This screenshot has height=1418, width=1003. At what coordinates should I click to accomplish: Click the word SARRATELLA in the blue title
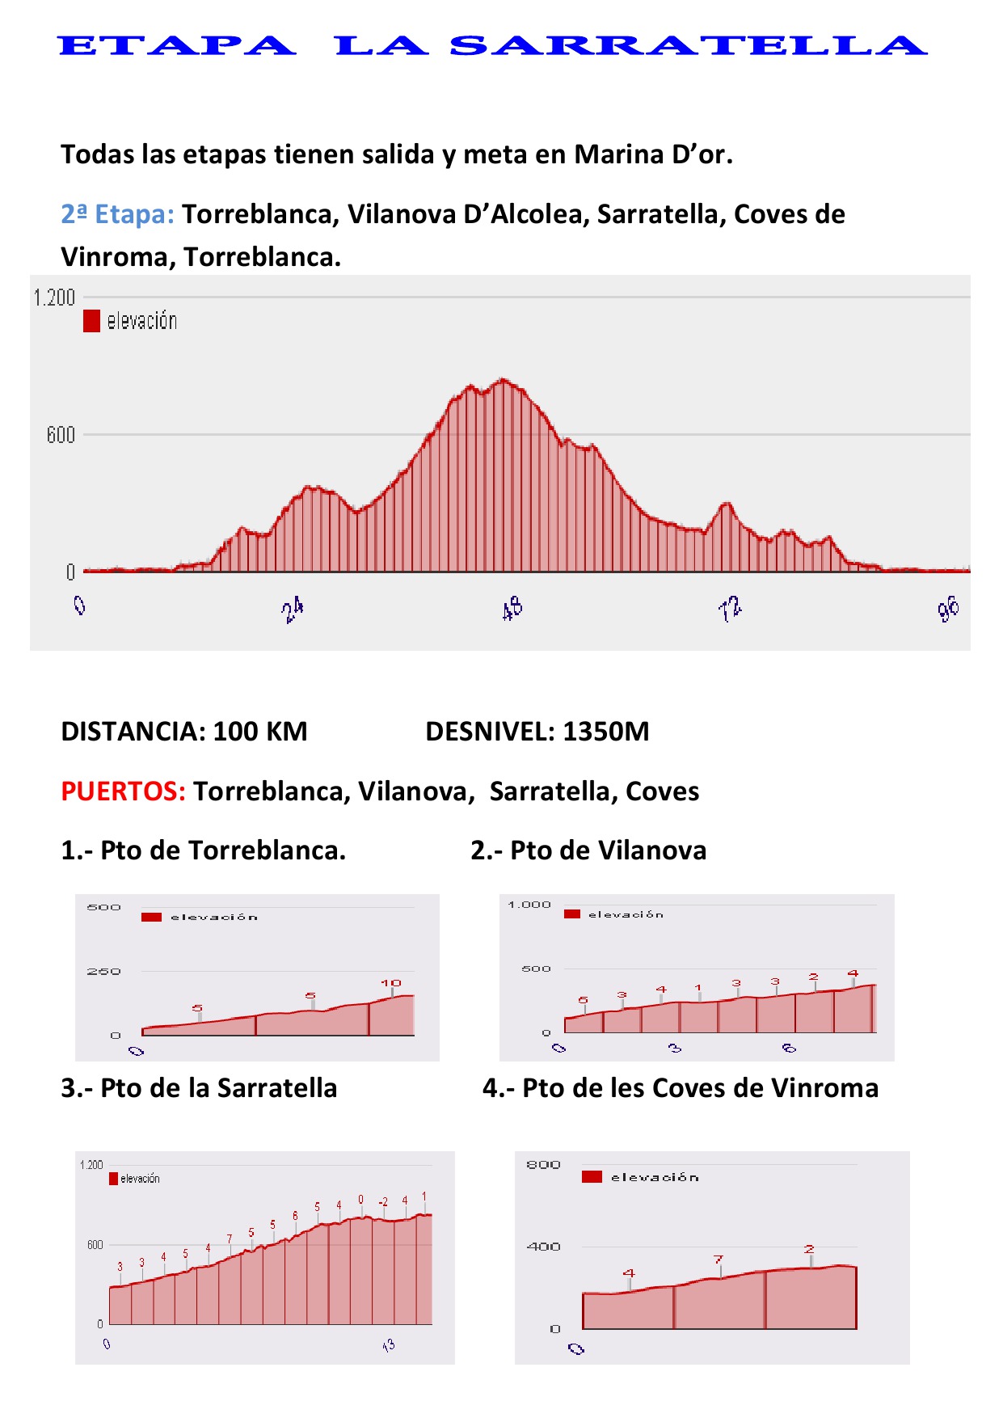click(688, 45)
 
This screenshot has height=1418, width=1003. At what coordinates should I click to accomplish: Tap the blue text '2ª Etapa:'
click(117, 214)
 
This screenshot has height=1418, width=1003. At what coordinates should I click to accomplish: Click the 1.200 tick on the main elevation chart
click(54, 298)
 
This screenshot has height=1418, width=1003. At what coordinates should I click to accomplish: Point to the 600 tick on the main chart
click(61, 435)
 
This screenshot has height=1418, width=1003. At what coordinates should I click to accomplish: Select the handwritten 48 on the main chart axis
click(512, 608)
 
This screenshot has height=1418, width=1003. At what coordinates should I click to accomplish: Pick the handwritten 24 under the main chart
click(293, 610)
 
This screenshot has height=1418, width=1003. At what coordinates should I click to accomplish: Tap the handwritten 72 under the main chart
click(730, 608)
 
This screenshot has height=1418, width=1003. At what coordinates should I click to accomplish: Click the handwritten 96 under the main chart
click(948, 608)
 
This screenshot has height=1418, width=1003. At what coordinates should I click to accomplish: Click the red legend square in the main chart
click(91, 321)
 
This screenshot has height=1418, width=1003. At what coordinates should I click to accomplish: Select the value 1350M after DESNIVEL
click(606, 732)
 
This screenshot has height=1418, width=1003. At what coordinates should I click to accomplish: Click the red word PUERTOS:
click(124, 791)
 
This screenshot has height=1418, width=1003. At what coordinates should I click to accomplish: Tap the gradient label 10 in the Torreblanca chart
click(391, 983)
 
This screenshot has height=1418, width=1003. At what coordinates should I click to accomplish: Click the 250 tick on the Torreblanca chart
click(103, 971)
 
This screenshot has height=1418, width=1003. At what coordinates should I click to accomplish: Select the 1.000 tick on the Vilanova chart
click(529, 905)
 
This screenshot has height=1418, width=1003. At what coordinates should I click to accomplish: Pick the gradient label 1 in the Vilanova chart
click(698, 988)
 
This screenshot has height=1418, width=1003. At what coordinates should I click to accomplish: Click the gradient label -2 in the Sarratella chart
click(383, 1202)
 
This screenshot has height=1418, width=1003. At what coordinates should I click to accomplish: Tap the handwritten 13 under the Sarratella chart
click(389, 1345)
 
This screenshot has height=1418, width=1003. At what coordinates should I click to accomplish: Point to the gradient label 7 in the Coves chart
click(718, 1260)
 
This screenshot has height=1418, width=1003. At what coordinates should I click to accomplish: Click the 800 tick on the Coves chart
click(543, 1165)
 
